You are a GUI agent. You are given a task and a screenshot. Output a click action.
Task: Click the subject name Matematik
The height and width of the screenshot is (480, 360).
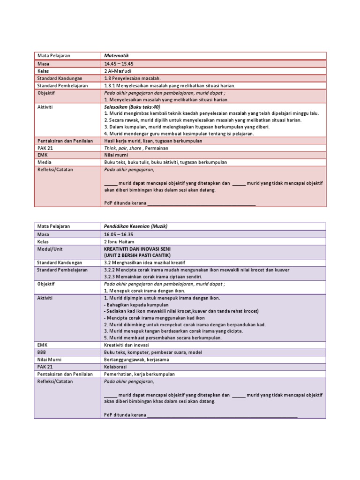(116, 55)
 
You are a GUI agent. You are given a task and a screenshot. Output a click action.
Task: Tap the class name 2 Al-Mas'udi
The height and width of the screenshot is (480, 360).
(118, 71)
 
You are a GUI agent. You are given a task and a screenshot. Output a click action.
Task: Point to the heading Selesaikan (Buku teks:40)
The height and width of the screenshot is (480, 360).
(132, 107)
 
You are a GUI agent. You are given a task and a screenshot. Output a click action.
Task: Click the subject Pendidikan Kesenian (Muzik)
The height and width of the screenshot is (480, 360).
(135, 226)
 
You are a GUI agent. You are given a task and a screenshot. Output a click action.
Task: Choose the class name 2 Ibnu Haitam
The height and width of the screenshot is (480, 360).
(119, 241)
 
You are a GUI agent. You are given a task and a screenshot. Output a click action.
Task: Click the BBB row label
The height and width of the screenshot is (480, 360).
(42, 352)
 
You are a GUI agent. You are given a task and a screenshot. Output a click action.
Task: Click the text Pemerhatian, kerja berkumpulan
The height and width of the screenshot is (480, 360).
(139, 374)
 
